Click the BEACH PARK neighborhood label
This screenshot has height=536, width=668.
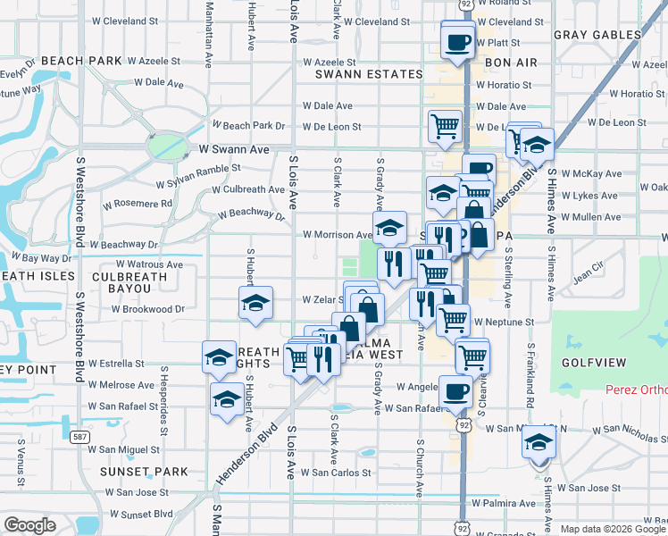pyautogui.click(x=80, y=61)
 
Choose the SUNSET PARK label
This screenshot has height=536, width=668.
pyautogui.click(x=143, y=472)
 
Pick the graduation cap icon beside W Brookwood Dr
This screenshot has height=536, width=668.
pyautogui.click(x=255, y=304)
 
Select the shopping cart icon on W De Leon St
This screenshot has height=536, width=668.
pyautogui.click(x=445, y=126)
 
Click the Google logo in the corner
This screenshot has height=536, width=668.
pyautogui.click(x=30, y=525)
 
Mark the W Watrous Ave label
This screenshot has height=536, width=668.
pyautogui.click(x=143, y=264)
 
